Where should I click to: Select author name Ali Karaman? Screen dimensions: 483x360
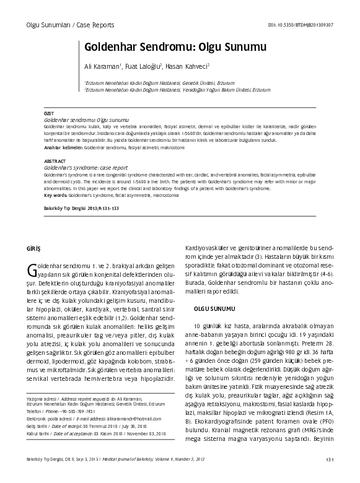[102, 66]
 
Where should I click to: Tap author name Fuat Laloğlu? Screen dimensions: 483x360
[143, 66]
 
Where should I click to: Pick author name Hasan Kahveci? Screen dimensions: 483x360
[188, 66]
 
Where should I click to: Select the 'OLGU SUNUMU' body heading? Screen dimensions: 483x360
[214, 307]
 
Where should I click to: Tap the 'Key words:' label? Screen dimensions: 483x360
[55, 195]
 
